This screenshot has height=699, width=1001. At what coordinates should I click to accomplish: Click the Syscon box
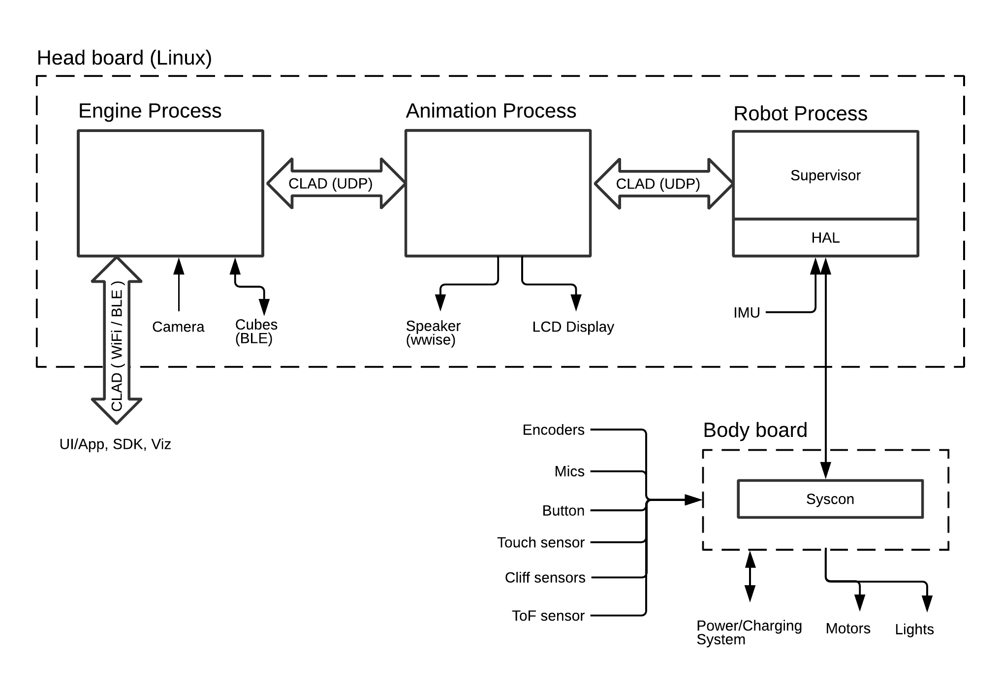830,499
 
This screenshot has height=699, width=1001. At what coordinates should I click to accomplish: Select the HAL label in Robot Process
825,238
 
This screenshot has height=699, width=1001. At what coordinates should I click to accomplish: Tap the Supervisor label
825,175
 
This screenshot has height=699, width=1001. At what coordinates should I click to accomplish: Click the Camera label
178,327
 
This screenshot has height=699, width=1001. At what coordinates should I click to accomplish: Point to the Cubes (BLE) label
256,332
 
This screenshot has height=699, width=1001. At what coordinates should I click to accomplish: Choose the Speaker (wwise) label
433,333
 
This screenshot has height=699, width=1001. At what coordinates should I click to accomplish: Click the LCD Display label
573,327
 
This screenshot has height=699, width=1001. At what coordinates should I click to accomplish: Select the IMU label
747,313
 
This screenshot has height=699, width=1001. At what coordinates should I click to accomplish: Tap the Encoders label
553,430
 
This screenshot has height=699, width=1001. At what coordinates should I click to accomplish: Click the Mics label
569,471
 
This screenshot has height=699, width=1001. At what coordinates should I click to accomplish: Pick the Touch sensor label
540,542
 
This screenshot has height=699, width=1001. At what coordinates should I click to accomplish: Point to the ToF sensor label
548,616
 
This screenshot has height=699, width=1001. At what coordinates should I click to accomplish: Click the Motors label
848,629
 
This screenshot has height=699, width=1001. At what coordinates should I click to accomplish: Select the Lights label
914,629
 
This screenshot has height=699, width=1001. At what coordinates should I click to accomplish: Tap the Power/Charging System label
749,632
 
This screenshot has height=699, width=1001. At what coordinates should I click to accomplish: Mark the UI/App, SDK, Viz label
115,444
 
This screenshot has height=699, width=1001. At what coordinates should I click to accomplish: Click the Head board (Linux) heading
125,58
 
